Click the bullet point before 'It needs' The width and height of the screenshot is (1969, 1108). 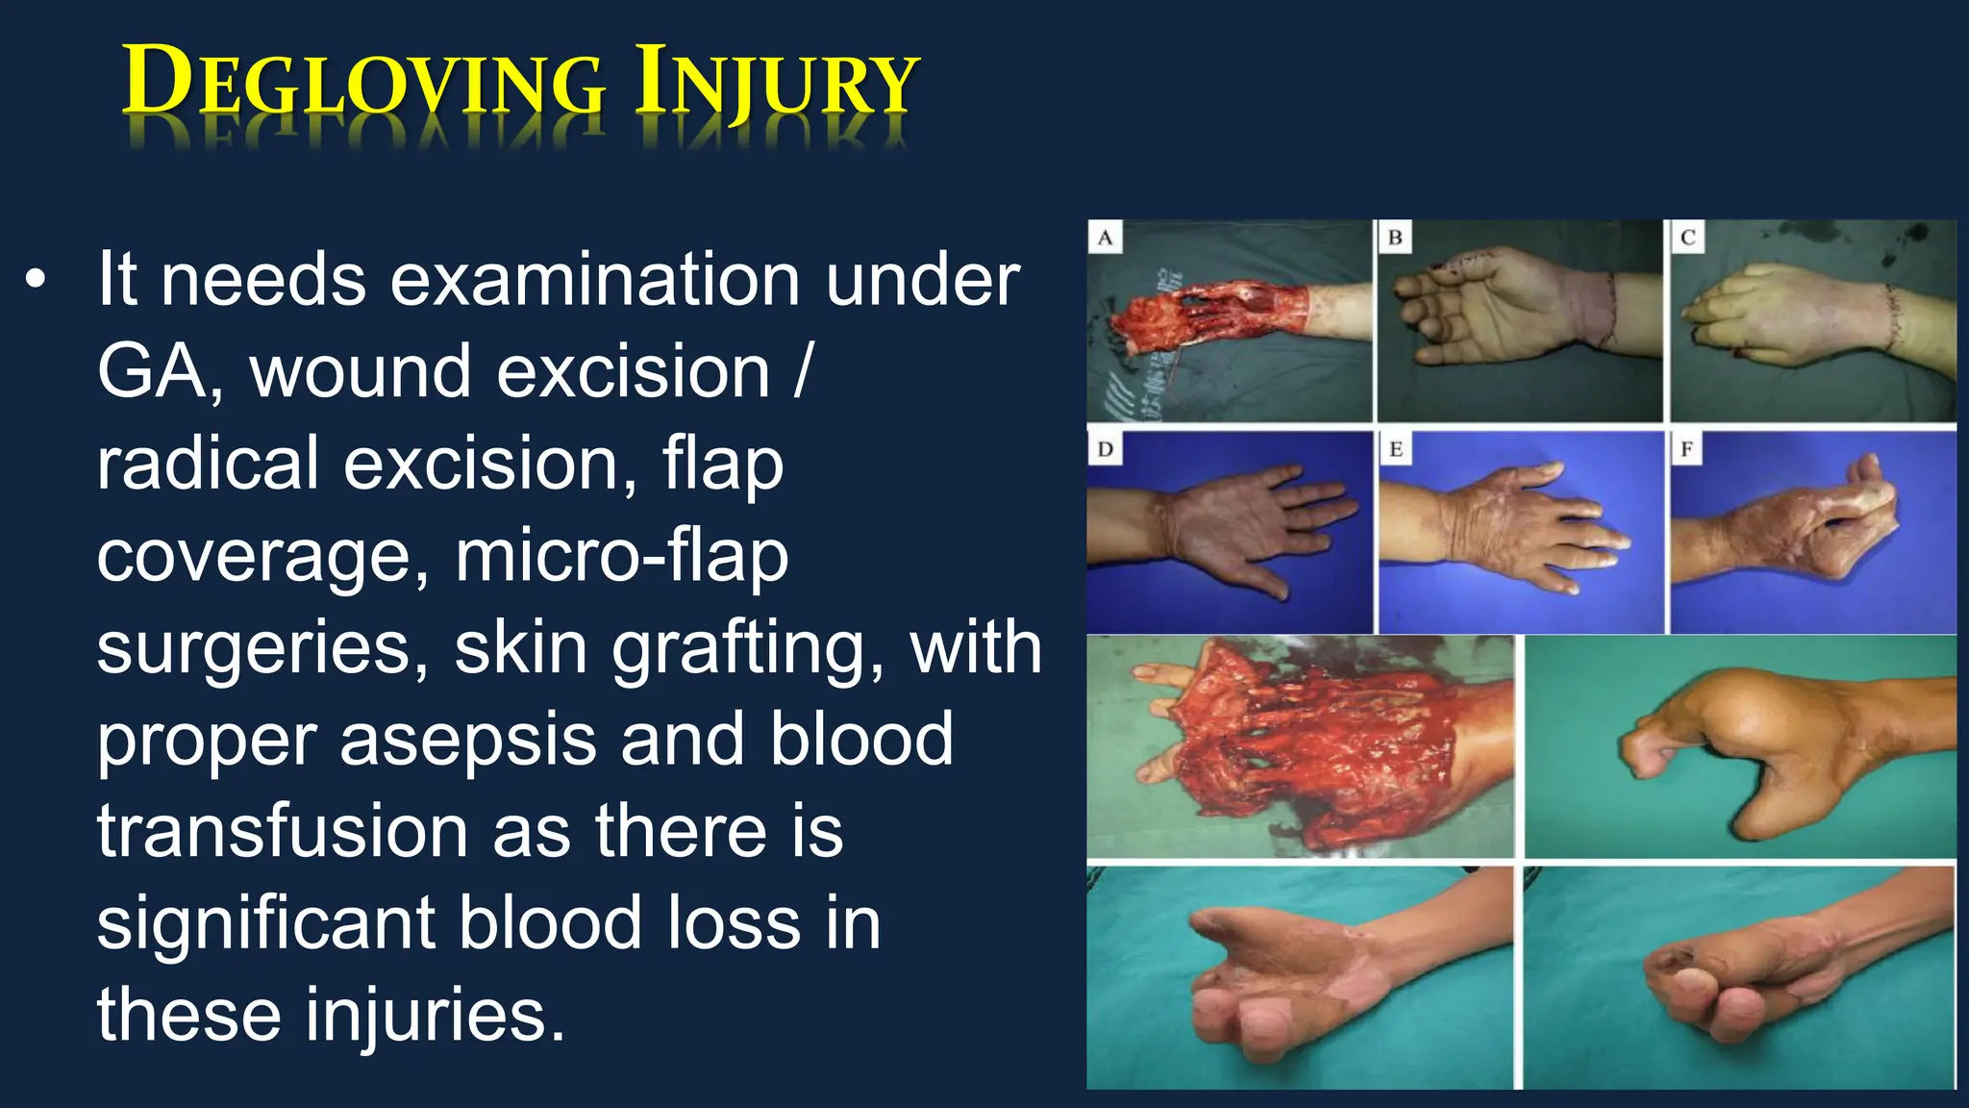tap(36, 279)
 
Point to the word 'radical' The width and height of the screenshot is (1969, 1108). tap(208, 464)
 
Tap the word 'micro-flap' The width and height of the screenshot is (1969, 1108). tap(621, 556)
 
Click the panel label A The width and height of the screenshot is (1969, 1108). tap(1105, 238)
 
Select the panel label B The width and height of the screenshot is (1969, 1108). tap(1395, 238)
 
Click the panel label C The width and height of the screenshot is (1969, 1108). tap(1687, 238)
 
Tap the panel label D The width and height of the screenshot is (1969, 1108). tap(1105, 449)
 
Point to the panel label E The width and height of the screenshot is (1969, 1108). tap(1396, 449)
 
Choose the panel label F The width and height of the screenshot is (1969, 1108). tap(1686, 449)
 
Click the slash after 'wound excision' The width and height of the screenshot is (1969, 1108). tap(803, 372)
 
